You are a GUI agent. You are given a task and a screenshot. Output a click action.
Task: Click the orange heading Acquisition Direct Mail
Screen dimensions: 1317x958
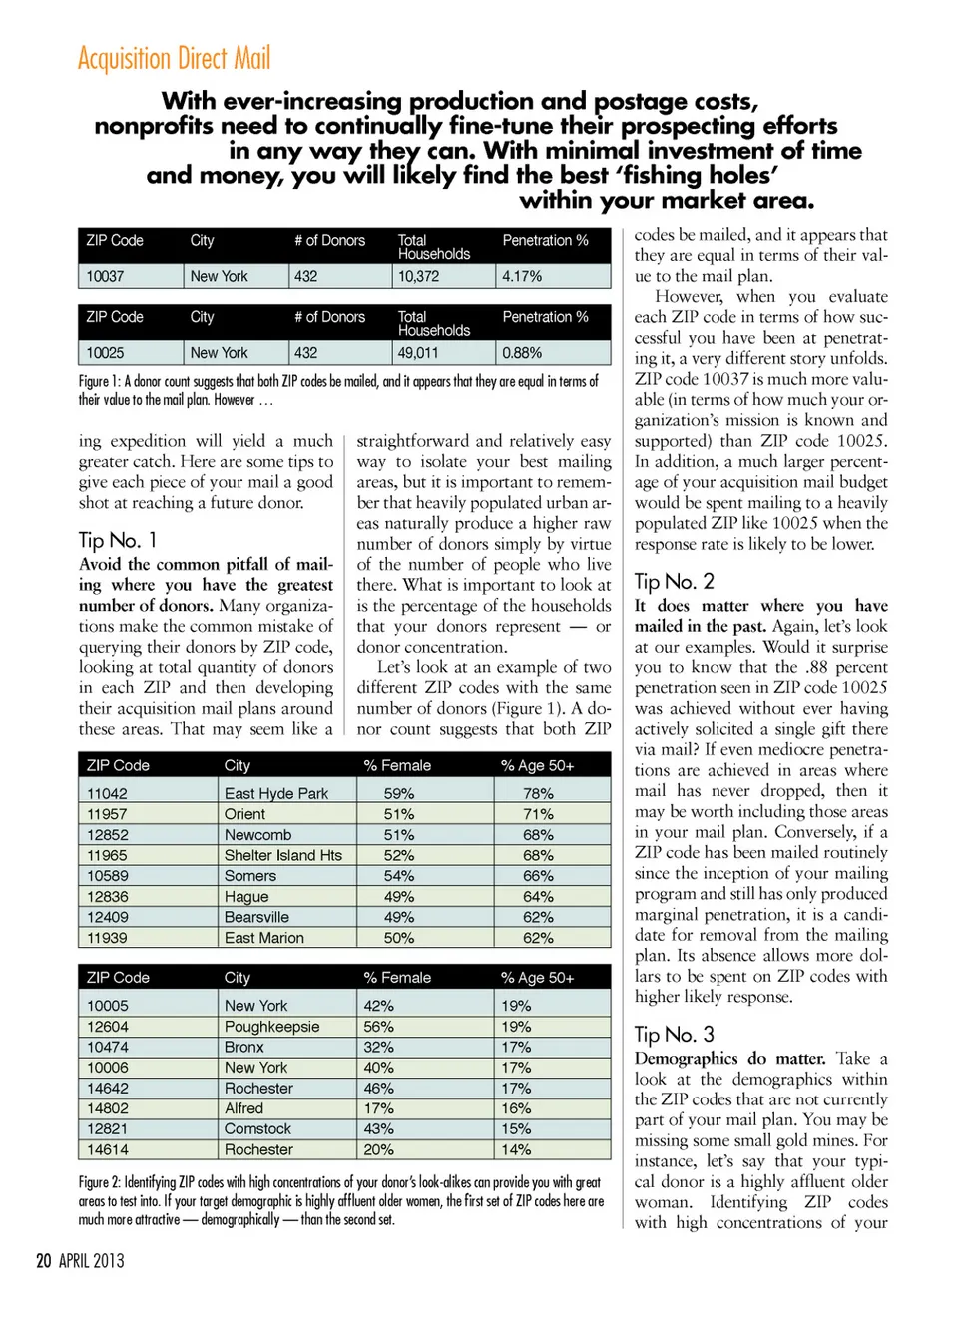tap(174, 59)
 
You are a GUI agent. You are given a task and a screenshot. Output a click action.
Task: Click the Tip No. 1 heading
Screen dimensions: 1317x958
tap(118, 540)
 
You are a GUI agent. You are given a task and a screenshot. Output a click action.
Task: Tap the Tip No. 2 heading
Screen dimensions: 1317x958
tap(675, 581)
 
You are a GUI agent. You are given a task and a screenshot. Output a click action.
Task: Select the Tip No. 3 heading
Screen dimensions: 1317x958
tap(675, 1034)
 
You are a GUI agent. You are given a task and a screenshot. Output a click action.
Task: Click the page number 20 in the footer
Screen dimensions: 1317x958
tap(43, 1260)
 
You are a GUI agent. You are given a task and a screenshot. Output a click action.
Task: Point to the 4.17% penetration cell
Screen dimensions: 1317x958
tap(522, 276)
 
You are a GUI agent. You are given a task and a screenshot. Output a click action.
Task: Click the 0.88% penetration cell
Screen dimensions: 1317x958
tap(522, 353)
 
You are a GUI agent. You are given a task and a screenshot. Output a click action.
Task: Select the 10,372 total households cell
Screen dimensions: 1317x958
tap(418, 276)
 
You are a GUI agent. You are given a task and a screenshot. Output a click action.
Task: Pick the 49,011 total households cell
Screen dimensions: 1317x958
tap(418, 353)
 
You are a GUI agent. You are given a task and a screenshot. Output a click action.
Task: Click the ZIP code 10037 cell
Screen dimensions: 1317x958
tap(105, 276)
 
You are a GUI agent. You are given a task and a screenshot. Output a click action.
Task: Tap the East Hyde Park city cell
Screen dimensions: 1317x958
tap(275, 794)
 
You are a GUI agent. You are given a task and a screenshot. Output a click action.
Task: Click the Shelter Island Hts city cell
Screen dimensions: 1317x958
tap(282, 855)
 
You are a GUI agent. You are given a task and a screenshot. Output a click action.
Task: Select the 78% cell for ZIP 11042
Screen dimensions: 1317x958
tap(538, 794)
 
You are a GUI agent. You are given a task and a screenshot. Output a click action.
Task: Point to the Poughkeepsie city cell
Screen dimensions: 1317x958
tap(271, 1027)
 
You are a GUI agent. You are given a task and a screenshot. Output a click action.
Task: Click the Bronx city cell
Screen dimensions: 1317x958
tap(243, 1047)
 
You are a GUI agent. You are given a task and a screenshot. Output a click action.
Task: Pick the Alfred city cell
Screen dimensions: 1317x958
tap(243, 1108)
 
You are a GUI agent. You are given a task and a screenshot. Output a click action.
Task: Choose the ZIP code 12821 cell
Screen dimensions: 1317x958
tap(107, 1129)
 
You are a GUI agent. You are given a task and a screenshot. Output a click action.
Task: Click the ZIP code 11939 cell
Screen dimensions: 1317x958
tap(107, 938)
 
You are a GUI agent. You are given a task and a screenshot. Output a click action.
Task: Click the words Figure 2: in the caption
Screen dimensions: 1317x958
tap(99, 1183)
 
